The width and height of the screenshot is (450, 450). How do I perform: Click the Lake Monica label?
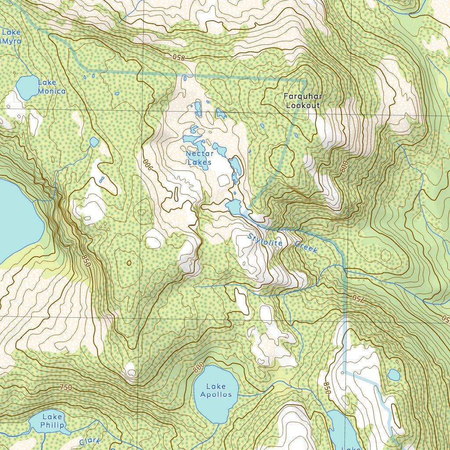pyautogui.click(x=51, y=87)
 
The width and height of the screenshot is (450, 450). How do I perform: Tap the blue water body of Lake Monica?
pyautogui.click(x=27, y=87)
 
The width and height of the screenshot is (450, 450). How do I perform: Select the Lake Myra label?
pyautogui.click(x=11, y=36)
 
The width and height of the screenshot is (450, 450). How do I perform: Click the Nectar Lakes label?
pyautogui.click(x=200, y=158)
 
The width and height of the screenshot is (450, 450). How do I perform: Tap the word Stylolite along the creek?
pyautogui.click(x=265, y=242)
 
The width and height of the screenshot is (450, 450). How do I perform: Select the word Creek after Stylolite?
pyautogui.click(x=306, y=247)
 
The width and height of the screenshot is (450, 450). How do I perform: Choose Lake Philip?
pyautogui.click(x=52, y=421)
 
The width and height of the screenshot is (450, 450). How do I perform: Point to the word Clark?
pyautogui.click(x=90, y=441)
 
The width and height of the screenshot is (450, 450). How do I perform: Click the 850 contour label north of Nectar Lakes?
pyautogui.click(x=179, y=58)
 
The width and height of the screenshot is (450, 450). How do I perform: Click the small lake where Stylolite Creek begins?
pyautogui.click(x=233, y=205)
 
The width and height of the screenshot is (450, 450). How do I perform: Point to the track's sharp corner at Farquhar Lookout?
pyautogui.click(x=304, y=80)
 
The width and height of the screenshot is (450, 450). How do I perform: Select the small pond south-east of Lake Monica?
pyautogui.click(x=94, y=142)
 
